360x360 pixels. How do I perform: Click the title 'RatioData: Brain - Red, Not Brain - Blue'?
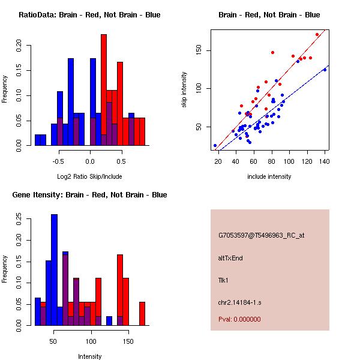point(89,14)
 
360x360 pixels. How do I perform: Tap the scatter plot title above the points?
point(269,14)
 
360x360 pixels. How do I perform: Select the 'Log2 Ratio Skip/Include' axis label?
point(90,176)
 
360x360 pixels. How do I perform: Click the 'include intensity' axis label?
point(269,176)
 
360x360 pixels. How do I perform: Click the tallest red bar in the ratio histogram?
point(104,90)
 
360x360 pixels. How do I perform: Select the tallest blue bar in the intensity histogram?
point(54,270)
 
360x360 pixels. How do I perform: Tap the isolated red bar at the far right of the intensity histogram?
point(142,313)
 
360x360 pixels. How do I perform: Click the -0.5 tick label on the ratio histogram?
point(58,161)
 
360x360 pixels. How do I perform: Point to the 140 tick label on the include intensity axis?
point(325,161)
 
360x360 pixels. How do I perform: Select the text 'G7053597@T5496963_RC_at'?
point(261,235)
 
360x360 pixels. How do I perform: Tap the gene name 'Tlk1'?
point(224,280)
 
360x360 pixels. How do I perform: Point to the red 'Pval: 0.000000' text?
point(239,319)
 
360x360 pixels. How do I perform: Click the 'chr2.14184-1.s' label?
point(238,301)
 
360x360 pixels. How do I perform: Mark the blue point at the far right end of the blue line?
point(325,70)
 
